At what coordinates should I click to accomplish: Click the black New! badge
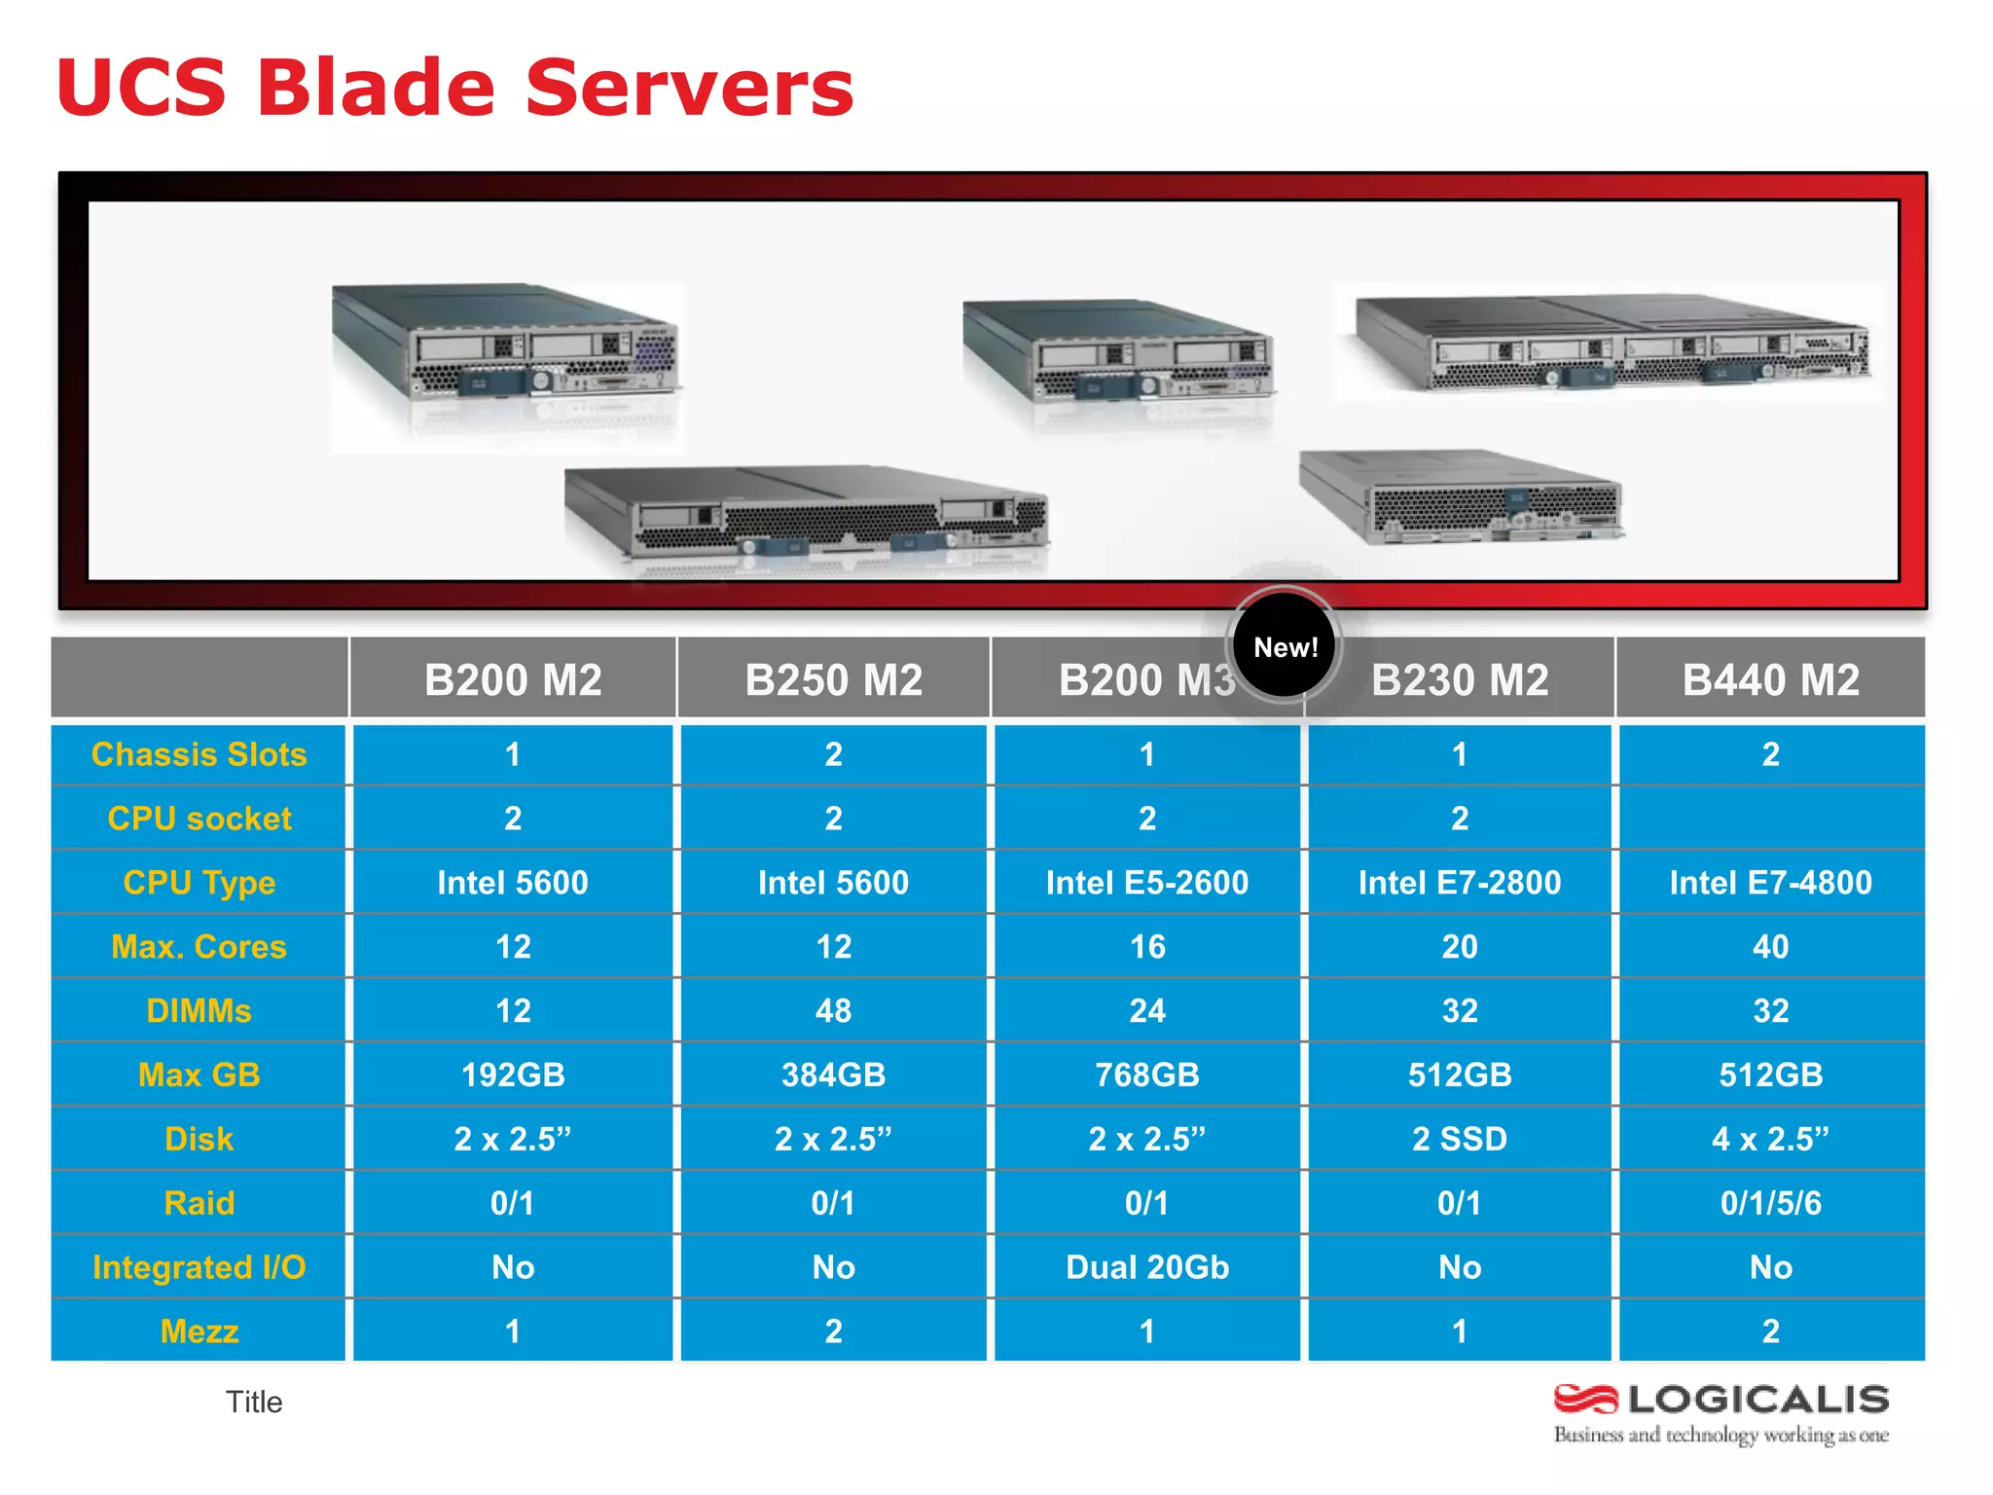click(x=1285, y=646)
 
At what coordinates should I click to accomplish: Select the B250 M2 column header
click(x=833, y=679)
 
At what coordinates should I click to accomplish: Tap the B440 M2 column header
click(x=1770, y=679)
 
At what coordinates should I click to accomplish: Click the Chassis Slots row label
click(x=199, y=754)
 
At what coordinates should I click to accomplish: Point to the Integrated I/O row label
click(x=199, y=1267)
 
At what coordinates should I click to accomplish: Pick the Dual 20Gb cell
click(x=1147, y=1267)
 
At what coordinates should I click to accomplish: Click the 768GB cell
click(x=1147, y=1075)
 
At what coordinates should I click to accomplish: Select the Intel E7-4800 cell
click(x=1770, y=883)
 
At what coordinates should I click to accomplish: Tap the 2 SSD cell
click(x=1459, y=1139)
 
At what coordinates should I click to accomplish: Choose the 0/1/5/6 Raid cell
click(x=1770, y=1203)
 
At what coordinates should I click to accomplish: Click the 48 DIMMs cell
click(x=833, y=1010)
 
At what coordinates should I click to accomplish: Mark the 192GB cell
click(x=513, y=1075)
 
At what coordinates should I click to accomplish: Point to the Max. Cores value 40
click(x=1770, y=946)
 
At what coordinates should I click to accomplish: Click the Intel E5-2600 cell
click(x=1147, y=883)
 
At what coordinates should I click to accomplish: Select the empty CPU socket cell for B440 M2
click(x=1770, y=818)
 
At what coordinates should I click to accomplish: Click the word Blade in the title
click(x=377, y=88)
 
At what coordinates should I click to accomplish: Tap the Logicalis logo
click(x=1721, y=1412)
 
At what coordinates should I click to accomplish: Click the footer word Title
click(x=254, y=1402)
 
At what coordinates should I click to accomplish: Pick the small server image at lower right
click(x=1460, y=496)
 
